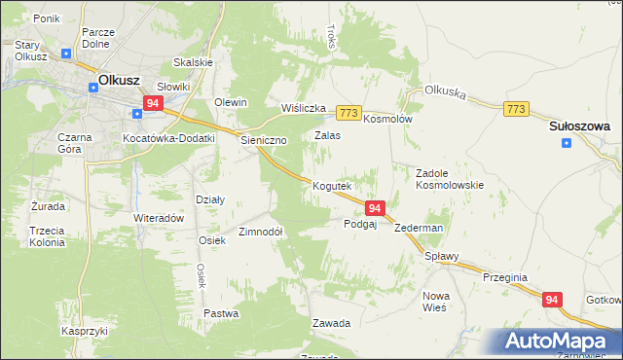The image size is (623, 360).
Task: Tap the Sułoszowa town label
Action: (x=579, y=126)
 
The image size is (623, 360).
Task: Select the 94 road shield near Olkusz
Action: (x=153, y=102)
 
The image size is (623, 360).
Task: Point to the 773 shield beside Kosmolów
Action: (x=350, y=113)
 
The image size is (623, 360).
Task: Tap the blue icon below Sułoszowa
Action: (x=567, y=144)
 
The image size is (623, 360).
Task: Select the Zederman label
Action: (x=420, y=228)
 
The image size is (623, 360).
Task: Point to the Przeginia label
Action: (x=504, y=277)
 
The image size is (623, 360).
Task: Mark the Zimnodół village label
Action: (x=261, y=232)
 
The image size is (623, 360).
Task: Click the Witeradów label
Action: (x=159, y=218)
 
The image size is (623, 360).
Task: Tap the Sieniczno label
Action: (x=264, y=140)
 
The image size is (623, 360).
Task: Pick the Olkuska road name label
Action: (x=447, y=96)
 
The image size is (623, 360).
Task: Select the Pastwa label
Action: (x=222, y=313)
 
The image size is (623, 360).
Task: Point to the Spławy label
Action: (x=441, y=258)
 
